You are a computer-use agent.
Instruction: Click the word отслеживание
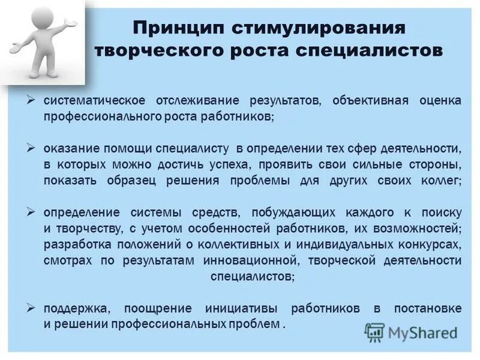pyautogui.click(x=193, y=100)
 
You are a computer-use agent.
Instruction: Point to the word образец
pyautogui.click(x=126, y=180)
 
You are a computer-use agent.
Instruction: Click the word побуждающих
pyautogui.click(x=289, y=212)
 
